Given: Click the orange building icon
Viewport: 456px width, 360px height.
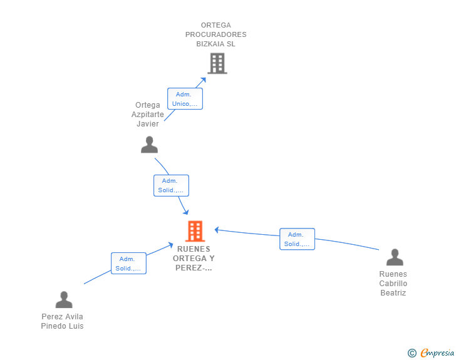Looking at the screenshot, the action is (195, 231).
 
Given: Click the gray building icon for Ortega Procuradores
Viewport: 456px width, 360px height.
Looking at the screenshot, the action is (217, 63).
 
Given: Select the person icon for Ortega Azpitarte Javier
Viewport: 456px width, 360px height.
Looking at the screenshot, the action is (149, 145).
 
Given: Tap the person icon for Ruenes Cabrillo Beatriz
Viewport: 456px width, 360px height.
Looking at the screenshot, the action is (395, 257).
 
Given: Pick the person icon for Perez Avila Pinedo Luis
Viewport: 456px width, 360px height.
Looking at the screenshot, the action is (64, 299).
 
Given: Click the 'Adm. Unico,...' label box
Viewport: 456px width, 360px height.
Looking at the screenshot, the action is (185, 99).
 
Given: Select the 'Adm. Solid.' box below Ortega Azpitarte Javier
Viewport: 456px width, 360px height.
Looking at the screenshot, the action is (171, 185).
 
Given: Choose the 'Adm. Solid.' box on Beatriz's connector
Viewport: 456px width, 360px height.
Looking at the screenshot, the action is (297, 239).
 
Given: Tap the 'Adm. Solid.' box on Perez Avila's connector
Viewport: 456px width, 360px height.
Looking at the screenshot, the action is (128, 263).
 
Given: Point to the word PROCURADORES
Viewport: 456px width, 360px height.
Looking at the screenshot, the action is (215, 34).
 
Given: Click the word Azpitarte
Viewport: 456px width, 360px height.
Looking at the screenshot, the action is (148, 115).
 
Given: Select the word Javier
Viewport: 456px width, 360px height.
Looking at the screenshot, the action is (148, 123).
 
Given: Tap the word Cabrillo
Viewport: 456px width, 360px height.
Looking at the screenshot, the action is (393, 283).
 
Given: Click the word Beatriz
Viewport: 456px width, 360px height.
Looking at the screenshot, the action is (393, 292).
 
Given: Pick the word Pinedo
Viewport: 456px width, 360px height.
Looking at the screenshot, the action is (53, 326).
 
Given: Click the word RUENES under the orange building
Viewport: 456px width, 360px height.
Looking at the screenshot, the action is (194, 249).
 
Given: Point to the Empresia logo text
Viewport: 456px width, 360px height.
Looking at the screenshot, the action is (437, 352).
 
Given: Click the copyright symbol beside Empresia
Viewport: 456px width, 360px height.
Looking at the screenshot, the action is (412, 353).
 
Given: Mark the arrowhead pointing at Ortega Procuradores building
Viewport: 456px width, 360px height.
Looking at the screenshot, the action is (204, 80).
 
